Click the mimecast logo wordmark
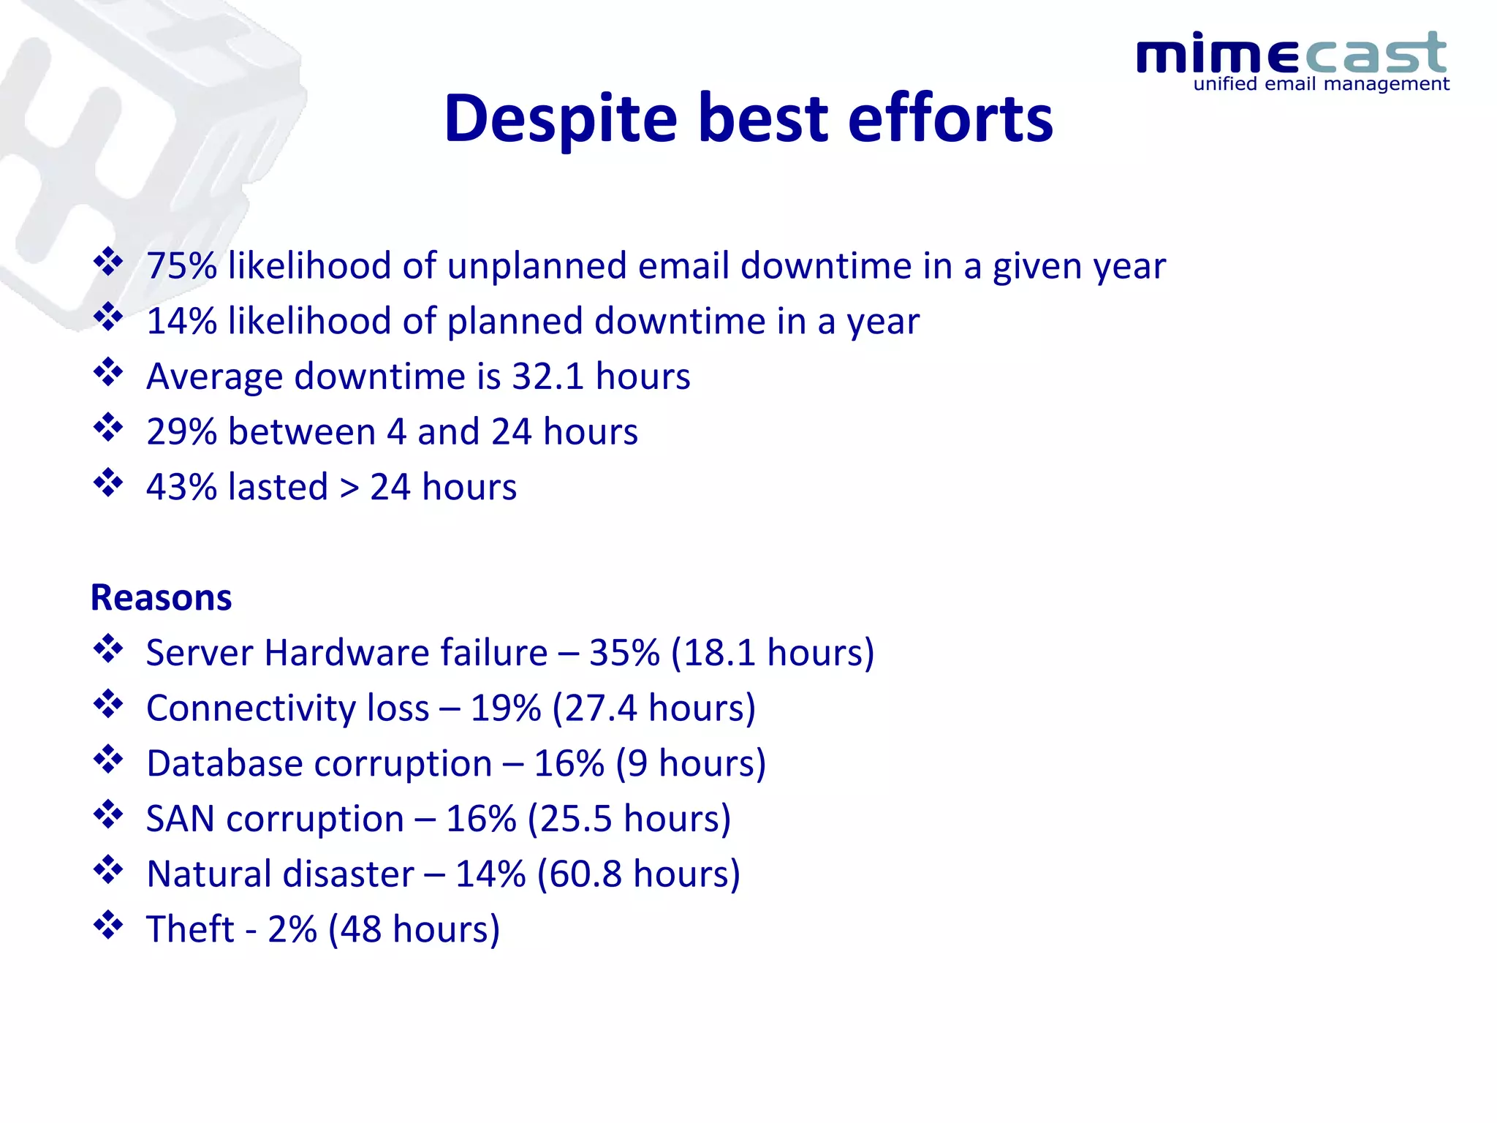(x=1291, y=53)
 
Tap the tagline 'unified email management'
(x=1321, y=84)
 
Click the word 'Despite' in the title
(x=561, y=118)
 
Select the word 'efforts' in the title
(x=950, y=118)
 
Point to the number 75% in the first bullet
(x=181, y=266)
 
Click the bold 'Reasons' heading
(x=161, y=598)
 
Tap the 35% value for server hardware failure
(x=624, y=653)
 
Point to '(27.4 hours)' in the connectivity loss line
(x=653, y=708)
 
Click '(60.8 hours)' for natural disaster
(x=638, y=874)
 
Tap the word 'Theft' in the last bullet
(x=190, y=930)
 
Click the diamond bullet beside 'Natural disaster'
(x=108, y=870)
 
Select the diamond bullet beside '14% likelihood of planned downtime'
(x=108, y=317)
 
